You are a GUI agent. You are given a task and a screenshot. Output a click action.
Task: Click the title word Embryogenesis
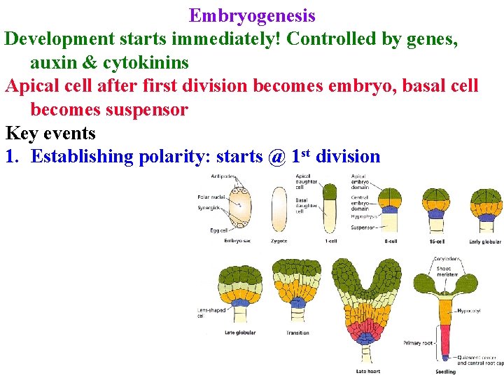pos(252,15)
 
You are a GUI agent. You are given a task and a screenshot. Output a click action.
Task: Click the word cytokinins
pos(146,62)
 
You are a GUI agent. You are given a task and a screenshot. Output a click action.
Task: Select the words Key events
pos(50,133)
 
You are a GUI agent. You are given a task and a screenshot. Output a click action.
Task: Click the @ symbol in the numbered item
pos(276,156)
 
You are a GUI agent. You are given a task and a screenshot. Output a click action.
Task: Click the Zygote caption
pos(279,241)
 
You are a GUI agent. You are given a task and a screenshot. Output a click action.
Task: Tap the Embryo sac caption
pos(238,241)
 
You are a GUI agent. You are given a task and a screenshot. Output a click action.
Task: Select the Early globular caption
pos(485,241)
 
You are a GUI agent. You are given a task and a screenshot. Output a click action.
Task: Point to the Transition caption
pos(297,332)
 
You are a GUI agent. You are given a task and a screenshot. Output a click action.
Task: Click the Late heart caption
pos(367,370)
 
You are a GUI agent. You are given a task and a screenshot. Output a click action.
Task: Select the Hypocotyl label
pos(468,309)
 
